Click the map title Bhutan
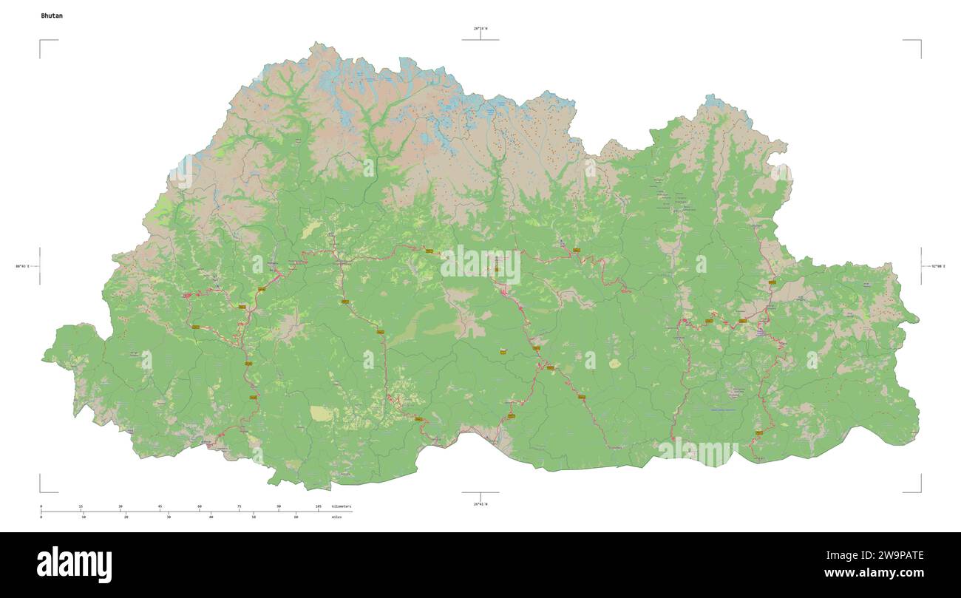[52, 16]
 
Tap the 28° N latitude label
[480, 29]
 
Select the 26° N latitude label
[480, 504]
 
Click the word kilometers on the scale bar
[342, 506]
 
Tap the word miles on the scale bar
[338, 517]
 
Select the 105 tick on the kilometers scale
[318, 506]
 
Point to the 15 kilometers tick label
[81, 506]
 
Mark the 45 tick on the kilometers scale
[160, 506]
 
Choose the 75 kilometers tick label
[239, 506]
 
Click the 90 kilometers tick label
[279, 506]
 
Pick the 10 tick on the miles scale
[84, 517]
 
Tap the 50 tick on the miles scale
[254, 517]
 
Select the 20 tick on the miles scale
[126, 517]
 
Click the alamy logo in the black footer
[74, 564]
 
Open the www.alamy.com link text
[874, 573]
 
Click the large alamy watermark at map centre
[480, 265]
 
